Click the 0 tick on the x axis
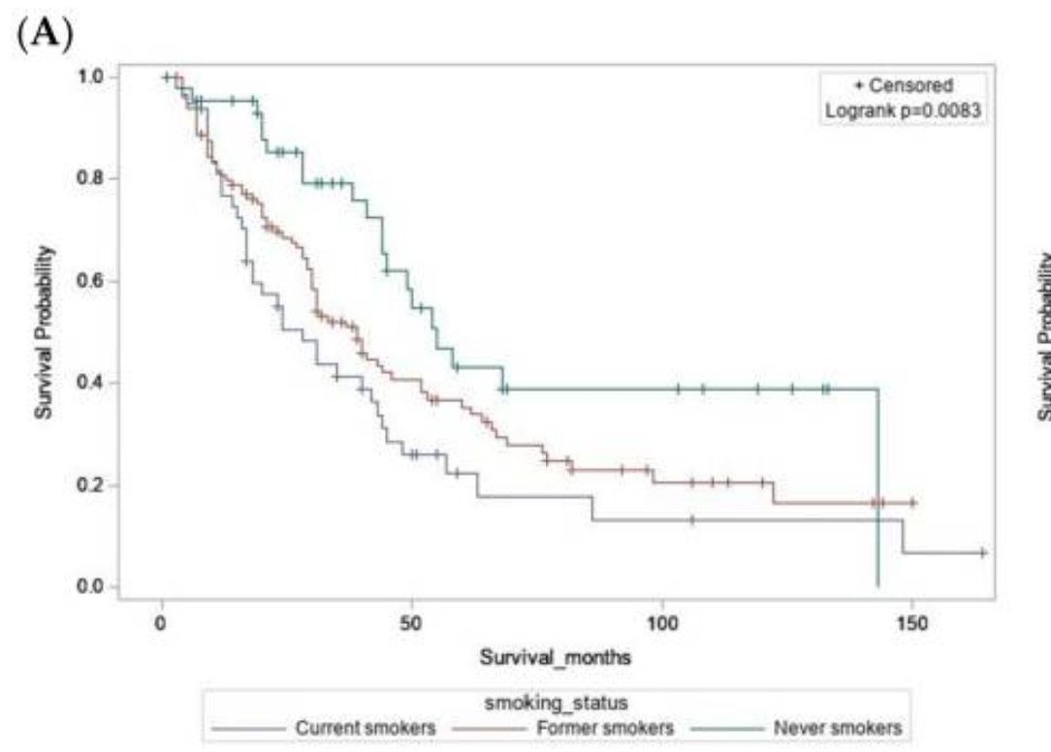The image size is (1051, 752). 162,620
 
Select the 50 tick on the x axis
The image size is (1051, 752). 411,620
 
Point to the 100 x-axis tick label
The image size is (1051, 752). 662,620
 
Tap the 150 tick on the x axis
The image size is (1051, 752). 912,620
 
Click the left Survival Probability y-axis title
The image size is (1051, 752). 44,331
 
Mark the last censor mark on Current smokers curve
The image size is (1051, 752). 983,552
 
